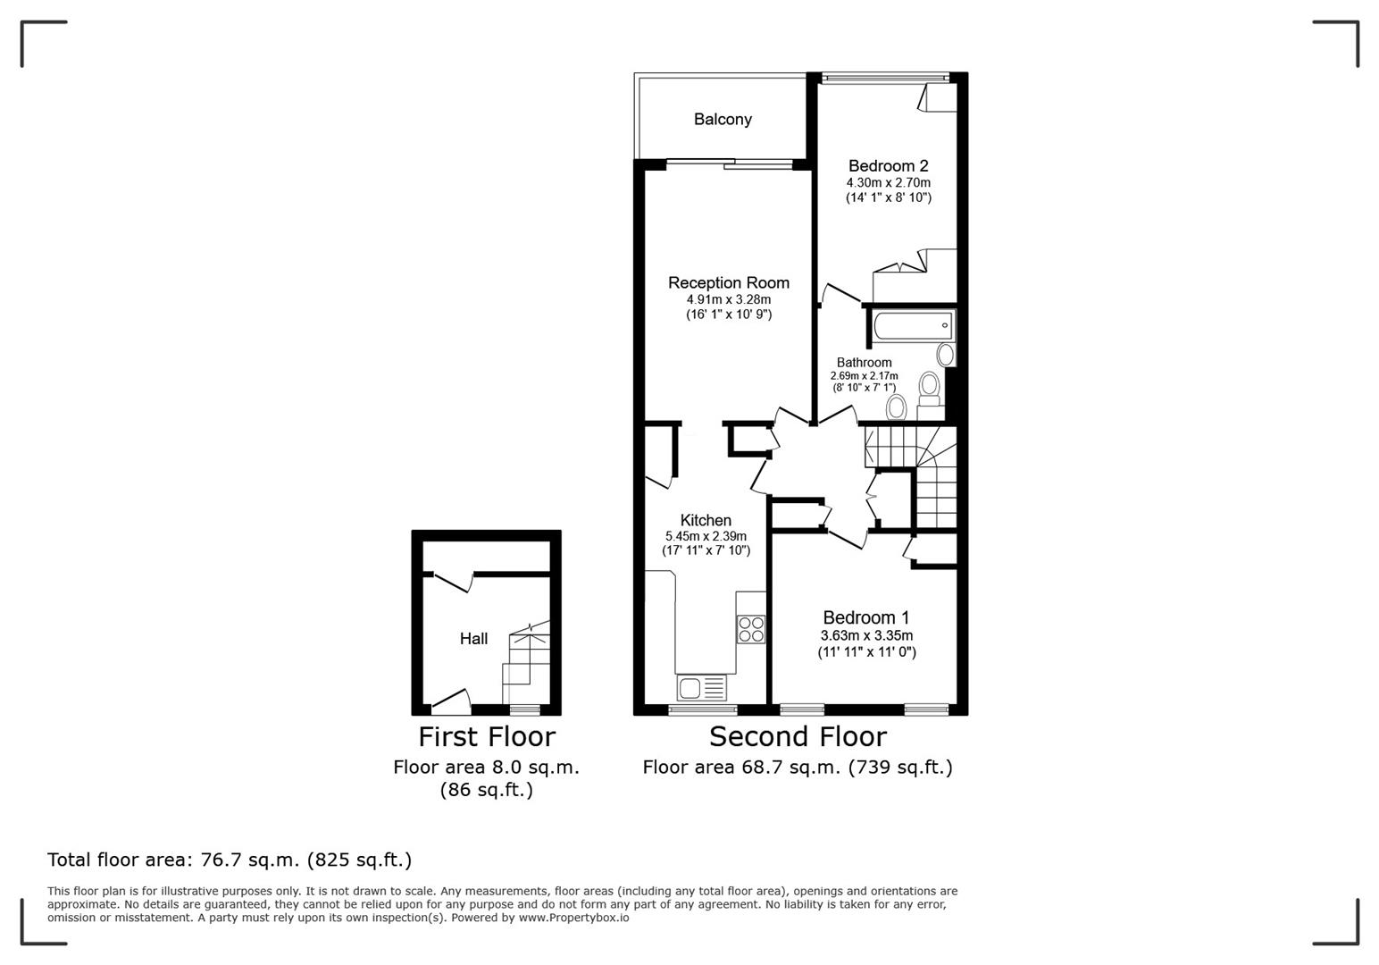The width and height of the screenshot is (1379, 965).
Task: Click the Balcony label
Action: pos(723,119)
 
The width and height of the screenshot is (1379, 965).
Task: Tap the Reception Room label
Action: pos(728,282)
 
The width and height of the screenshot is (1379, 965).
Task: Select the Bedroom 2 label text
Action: pos(888,165)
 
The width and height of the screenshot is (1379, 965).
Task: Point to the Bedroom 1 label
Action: pos(865,617)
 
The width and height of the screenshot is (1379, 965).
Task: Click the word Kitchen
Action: pos(706,520)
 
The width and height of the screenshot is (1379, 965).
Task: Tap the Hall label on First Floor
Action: pos(473,638)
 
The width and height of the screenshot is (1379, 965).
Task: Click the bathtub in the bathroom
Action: pos(913,326)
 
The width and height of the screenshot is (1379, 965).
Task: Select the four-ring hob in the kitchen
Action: pos(750,629)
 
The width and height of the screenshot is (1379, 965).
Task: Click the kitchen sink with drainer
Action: pos(702,687)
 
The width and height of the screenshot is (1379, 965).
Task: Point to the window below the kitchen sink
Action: pos(703,710)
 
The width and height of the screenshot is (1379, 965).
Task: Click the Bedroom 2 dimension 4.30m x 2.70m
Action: pos(888,182)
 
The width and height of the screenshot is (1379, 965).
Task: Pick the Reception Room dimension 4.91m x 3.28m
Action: pos(728,299)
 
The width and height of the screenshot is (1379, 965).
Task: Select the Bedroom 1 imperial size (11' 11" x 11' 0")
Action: pos(866,652)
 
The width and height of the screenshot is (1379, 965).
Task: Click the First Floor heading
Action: pos(487,736)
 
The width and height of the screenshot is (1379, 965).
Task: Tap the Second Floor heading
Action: pos(798,736)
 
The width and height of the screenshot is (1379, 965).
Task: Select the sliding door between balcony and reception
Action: pos(729,163)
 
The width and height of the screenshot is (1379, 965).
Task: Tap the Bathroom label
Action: pos(864,363)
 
